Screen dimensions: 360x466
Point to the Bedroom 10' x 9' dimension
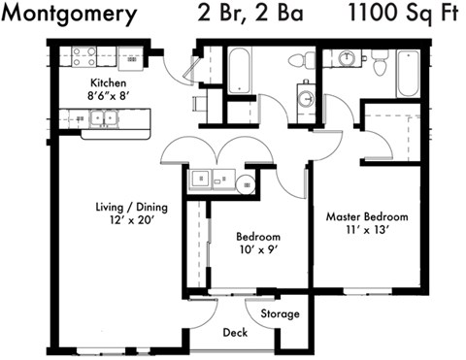pos(258,250)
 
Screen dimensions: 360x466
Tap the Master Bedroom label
pos(366,216)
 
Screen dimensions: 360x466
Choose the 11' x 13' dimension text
pos(366,231)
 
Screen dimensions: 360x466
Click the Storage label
pos(280,313)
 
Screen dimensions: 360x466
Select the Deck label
pos(236,333)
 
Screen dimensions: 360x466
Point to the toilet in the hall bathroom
pos(298,60)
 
